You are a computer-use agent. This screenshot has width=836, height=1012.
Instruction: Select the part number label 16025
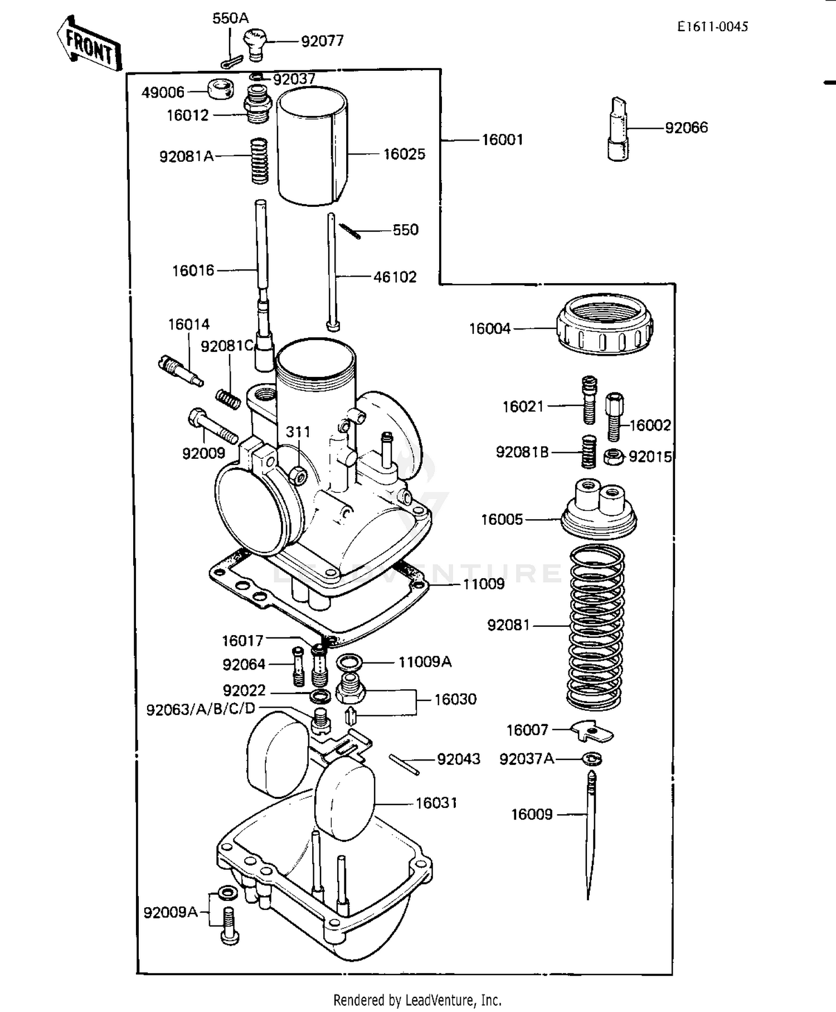click(x=404, y=154)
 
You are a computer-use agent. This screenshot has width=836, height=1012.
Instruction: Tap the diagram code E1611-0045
click(x=712, y=27)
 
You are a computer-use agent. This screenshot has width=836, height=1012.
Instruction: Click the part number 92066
click(x=686, y=128)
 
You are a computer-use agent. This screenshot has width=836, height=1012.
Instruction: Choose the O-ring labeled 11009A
click(x=349, y=662)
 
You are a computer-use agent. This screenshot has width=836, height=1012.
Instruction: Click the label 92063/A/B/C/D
click(x=201, y=709)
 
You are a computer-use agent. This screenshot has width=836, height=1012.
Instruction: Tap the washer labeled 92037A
click(x=592, y=758)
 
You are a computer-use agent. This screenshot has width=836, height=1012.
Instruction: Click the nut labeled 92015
click(x=613, y=457)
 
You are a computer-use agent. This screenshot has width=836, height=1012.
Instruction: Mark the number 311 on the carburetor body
click(x=298, y=432)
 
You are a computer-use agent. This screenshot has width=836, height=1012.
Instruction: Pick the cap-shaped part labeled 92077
click(x=255, y=43)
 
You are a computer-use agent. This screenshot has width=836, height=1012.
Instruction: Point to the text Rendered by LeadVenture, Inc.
click(x=417, y=1000)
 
